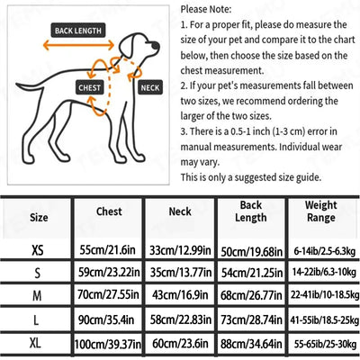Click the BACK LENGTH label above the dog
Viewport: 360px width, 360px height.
(x=78, y=31)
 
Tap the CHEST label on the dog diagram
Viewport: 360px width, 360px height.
(x=90, y=87)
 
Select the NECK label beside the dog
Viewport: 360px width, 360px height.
(x=150, y=87)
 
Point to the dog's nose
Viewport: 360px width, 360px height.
(x=156, y=45)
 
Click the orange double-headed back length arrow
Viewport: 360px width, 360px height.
(x=78, y=45)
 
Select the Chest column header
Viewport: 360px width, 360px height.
(x=109, y=211)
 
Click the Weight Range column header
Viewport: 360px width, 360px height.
(x=321, y=211)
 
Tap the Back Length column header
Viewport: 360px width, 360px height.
(x=251, y=211)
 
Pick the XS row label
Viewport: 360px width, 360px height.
(x=38, y=250)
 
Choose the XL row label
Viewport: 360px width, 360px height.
(x=35, y=343)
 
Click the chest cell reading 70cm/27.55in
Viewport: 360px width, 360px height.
(x=108, y=295)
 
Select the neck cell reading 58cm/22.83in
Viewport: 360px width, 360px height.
(x=181, y=319)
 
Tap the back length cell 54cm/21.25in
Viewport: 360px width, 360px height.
(x=252, y=273)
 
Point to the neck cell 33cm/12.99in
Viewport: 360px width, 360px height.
(x=180, y=250)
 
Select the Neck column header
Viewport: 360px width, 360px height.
(x=180, y=211)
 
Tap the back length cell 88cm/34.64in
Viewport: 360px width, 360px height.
(x=251, y=344)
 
